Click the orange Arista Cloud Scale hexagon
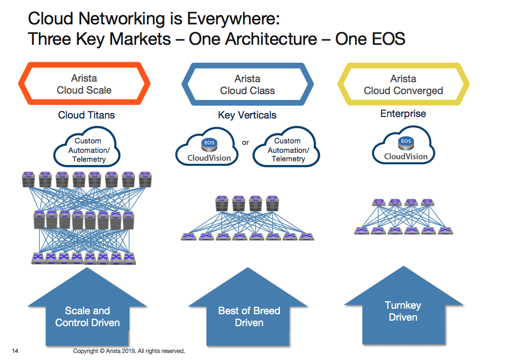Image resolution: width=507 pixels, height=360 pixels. click(84, 84)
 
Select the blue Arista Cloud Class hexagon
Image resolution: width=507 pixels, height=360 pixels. click(248, 85)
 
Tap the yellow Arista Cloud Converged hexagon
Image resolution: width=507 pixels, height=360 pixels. click(403, 85)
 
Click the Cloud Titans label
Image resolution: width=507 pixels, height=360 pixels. click(86, 115)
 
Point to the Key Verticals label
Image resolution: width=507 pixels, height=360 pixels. click(247, 116)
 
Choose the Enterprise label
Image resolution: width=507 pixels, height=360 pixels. click(403, 114)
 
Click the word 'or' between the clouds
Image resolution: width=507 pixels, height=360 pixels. click(246, 143)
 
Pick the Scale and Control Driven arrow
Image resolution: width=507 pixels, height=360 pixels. click(88, 314)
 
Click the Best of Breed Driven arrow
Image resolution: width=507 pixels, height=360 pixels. click(249, 314)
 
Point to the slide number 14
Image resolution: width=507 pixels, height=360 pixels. click(15, 351)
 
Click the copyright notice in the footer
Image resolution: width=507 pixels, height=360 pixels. click(129, 351)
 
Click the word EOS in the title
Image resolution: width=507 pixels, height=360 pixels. click(384, 39)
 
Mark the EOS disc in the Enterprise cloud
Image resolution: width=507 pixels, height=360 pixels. click(406, 141)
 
